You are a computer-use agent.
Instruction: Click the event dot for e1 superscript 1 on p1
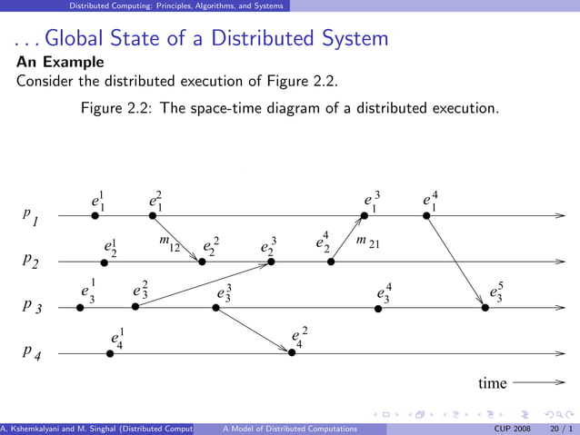coord(95,215)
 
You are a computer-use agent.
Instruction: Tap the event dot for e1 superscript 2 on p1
coord(154,215)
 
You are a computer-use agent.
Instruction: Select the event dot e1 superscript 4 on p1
coord(426,215)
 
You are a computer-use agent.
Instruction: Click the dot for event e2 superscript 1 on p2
coord(105,262)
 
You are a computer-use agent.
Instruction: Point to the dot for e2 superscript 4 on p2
coord(331,262)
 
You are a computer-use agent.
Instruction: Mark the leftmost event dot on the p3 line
coord(80,308)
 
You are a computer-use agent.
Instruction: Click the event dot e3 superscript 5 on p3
coord(485,308)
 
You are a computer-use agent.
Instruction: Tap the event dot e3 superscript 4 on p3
coord(378,308)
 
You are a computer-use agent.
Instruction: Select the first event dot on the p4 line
coord(110,353)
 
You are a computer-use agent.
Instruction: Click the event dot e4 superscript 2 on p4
coord(292,353)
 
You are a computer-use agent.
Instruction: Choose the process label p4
coord(31,352)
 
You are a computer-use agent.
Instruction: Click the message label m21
coord(367,242)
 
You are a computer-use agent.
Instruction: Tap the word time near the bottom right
coord(493,384)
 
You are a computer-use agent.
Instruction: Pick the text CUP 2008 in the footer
coord(513,428)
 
